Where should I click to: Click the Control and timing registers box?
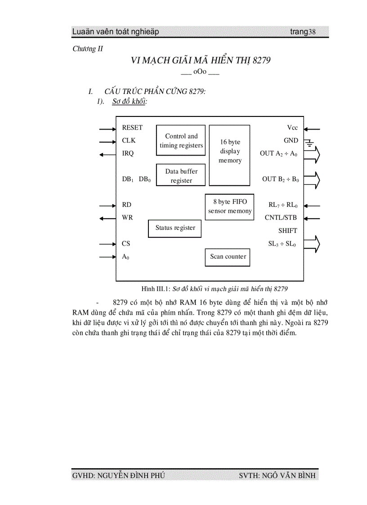coord(181,140)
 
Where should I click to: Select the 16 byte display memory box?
coord(229,155)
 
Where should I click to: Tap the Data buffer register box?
coord(181,175)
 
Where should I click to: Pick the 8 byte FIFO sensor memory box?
coord(229,206)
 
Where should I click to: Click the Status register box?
coord(175,228)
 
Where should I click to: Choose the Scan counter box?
coord(228,257)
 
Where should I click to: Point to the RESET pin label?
coord(132,128)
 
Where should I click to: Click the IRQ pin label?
coord(128,153)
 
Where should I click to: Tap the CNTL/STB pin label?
coord(281,218)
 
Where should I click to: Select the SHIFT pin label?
coord(287,231)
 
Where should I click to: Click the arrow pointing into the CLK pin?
coord(107,141)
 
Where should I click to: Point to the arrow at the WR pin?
coord(107,218)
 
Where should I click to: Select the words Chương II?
coord(88,49)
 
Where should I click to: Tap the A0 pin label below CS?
coord(125,257)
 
